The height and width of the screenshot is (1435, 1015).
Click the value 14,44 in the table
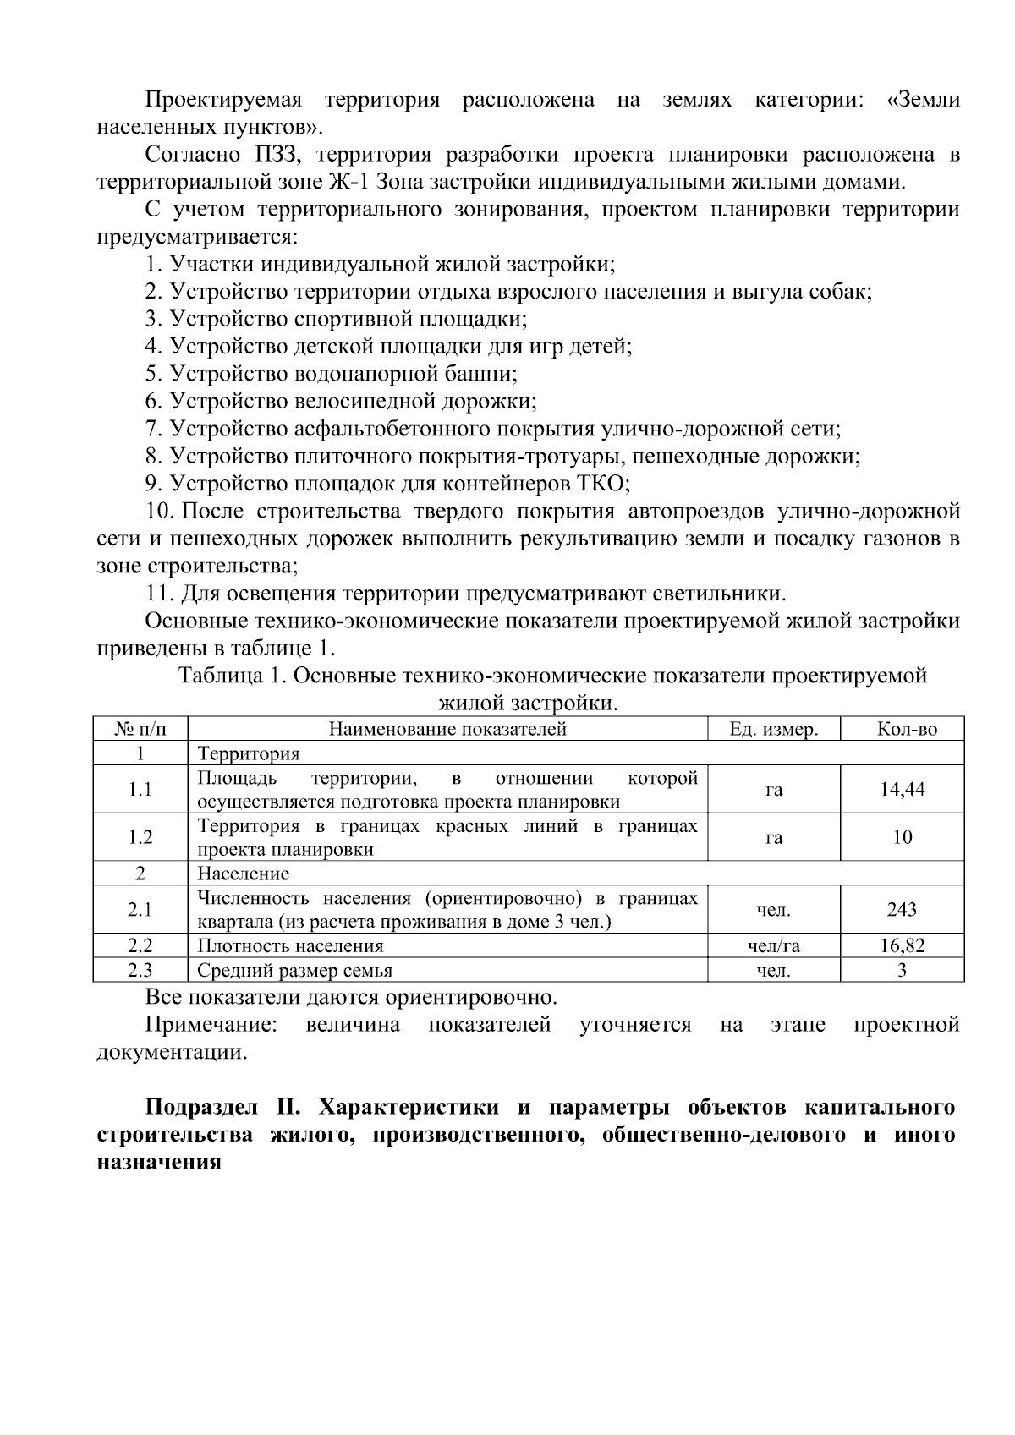[902, 790]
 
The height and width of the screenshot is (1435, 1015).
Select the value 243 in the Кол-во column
[902, 910]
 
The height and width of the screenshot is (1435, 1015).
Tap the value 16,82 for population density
[902, 946]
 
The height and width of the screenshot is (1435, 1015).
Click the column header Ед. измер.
[773, 729]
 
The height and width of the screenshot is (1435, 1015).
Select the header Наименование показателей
[447, 729]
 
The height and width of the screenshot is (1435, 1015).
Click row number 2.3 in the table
[140, 971]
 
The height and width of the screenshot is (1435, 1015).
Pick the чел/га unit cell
[773, 946]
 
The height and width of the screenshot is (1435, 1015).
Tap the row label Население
[243, 874]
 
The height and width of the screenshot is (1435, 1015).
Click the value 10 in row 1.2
[902, 837]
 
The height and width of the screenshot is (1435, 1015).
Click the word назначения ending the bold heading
[159, 1162]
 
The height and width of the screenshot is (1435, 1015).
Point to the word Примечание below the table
[211, 1026]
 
